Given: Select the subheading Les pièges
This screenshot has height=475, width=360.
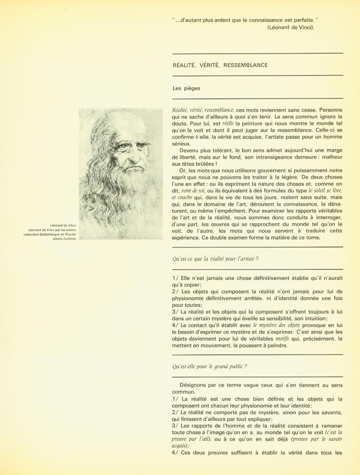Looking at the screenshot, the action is tap(187, 88).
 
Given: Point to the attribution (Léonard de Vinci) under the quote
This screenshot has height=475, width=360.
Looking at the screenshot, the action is tap(291, 27).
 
